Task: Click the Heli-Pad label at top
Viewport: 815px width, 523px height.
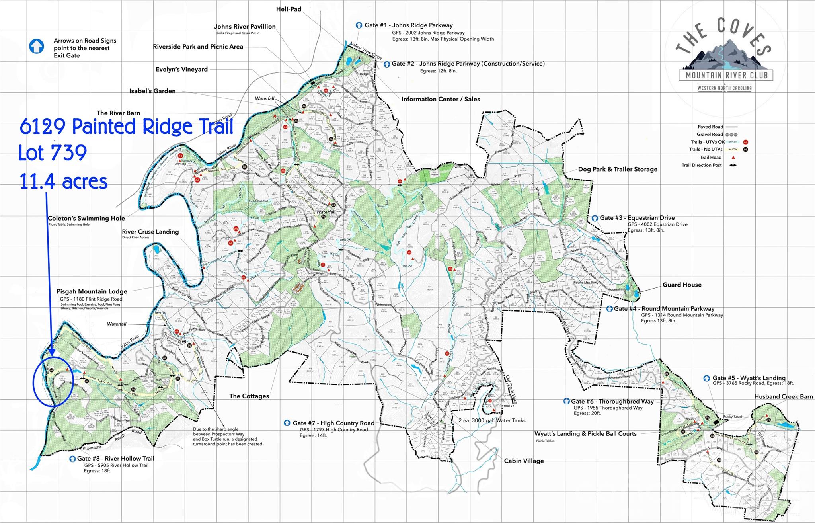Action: click(x=289, y=9)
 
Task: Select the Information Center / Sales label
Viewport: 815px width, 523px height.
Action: click(x=441, y=99)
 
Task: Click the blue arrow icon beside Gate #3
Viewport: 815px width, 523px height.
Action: click(x=595, y=218)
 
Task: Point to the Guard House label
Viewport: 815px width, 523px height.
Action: click(x=682, y=285)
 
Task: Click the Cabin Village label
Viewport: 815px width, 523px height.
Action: click(x=524, y=461)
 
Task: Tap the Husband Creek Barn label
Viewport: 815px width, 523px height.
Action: click(x=783, y=397)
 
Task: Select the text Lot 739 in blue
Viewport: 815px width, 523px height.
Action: click(x=53, y=153)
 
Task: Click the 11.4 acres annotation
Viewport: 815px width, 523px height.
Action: click(x=64, y=181)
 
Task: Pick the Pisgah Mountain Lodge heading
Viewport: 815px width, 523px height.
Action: click(x=92, y=292)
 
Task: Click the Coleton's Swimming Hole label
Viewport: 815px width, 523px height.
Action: click(x=86, y=219)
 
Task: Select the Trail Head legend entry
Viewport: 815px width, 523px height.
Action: click(x=711, y=158)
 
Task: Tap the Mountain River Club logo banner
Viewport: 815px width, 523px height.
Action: click(x=726, y=75)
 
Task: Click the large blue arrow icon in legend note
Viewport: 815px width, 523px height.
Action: click(x=36, y=46)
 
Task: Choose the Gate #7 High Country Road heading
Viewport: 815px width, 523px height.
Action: click(x=333, y=423)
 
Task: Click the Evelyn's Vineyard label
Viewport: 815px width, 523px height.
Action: click(x=181, y=70)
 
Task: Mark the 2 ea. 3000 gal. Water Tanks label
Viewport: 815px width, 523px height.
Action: click(x=492, y=420)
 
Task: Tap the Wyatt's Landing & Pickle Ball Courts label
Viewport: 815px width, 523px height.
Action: click(x=585, y=434)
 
